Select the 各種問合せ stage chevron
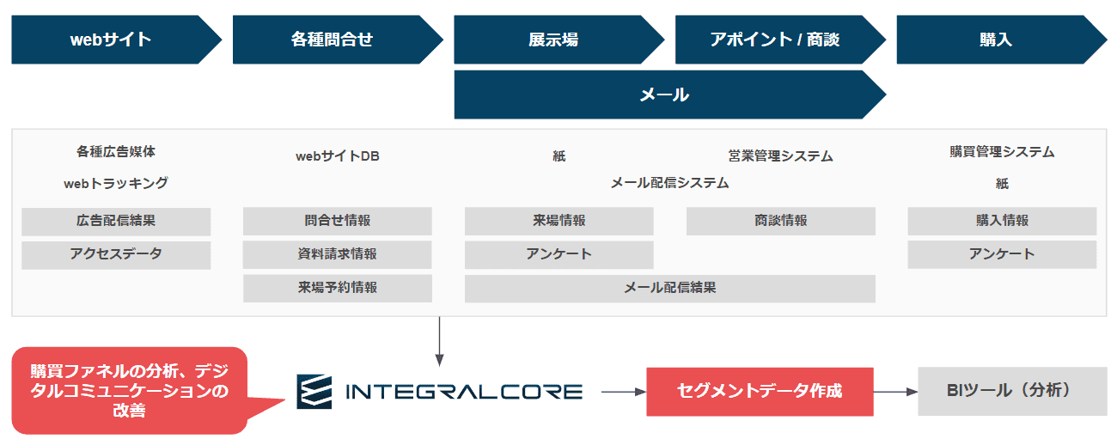(x=337, y=40)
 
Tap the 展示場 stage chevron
(x=558, y=40)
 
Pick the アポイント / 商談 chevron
(x=780, y=40)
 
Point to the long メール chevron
(x=669, y=95)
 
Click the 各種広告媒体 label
(x=116, y=151)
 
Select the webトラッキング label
(x=116, y=184)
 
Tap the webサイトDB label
(x=338, y=156)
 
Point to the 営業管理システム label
(x=780, y=156)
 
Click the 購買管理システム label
(x=1002, y=151)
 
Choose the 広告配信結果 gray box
(x=116, y=222)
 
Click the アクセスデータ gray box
(x=116, y=255)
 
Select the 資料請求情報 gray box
(x=338, y=254)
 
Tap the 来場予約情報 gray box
(x=338, y=288)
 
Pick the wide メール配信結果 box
(x=669, y=289)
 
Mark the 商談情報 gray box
(x=780, y=221)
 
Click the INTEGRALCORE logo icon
(x=314, y=392)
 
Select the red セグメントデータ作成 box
(x=760, y=392)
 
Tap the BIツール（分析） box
(x=1012, y=391)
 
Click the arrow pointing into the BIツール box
(x=895, y=392)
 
